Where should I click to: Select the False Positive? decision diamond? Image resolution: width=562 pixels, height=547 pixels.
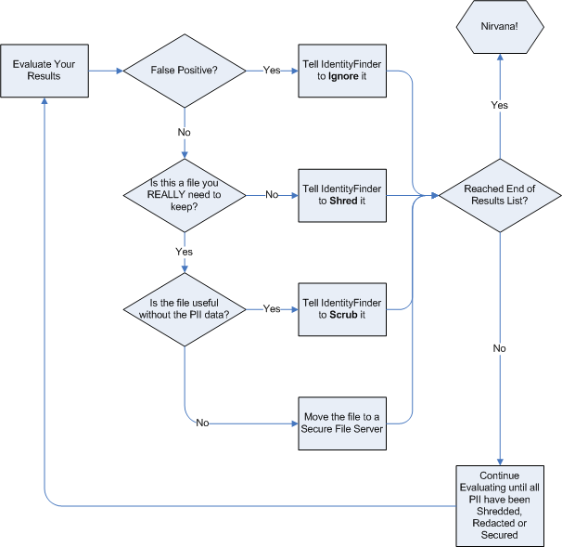(x=185, y=71)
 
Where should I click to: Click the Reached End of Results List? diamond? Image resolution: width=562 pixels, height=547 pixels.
(x=500, y=196)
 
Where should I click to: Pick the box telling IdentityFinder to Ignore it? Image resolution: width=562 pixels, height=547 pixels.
(x=342, y=71)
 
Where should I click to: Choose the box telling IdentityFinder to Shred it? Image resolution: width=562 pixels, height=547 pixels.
(x=342, y=196)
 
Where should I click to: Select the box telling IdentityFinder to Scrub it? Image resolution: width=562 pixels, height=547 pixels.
(x=342, y=309)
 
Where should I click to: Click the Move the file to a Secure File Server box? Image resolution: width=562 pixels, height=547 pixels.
(x=342, y=422)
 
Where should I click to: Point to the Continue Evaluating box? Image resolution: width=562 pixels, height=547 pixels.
(x=501, y=504)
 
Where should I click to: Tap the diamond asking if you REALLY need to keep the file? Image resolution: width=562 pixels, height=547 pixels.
(x=185, y=196)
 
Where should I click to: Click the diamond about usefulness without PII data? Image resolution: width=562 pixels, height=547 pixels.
(x=185, y=309)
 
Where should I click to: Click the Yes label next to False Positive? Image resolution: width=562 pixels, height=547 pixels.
(x=272, y=71)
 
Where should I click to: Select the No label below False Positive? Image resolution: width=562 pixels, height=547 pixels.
(x=185, y=132)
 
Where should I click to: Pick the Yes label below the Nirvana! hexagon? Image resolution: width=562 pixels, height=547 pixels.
(x=500, y=105)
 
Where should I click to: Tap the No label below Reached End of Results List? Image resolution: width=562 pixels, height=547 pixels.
(x=500, y=348)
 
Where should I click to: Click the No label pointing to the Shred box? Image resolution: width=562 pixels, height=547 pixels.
(x=272, y=196)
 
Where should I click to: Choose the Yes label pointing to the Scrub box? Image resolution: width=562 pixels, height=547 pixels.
(x=272, y=309)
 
